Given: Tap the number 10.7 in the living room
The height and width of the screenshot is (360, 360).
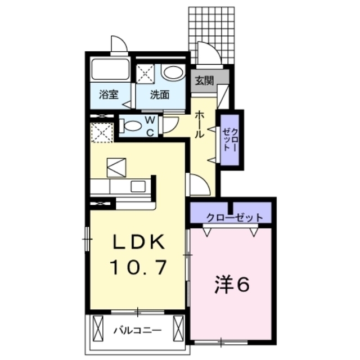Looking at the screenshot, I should (138, 267).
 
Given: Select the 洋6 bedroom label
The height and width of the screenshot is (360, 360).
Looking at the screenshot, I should (231, 285).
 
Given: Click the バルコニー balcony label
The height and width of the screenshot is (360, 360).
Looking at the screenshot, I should (137, 328).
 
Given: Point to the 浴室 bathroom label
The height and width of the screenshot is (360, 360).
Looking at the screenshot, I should (109, 94).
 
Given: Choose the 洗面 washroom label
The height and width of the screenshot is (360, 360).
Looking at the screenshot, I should (159, 94).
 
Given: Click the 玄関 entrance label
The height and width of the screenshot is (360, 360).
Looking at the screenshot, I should (205, 80).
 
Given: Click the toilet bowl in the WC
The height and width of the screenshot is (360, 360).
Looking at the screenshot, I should (132, 125).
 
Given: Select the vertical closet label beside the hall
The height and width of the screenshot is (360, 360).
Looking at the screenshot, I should (230, 138).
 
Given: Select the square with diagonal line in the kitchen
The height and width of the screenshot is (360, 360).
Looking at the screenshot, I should (117, 166).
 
